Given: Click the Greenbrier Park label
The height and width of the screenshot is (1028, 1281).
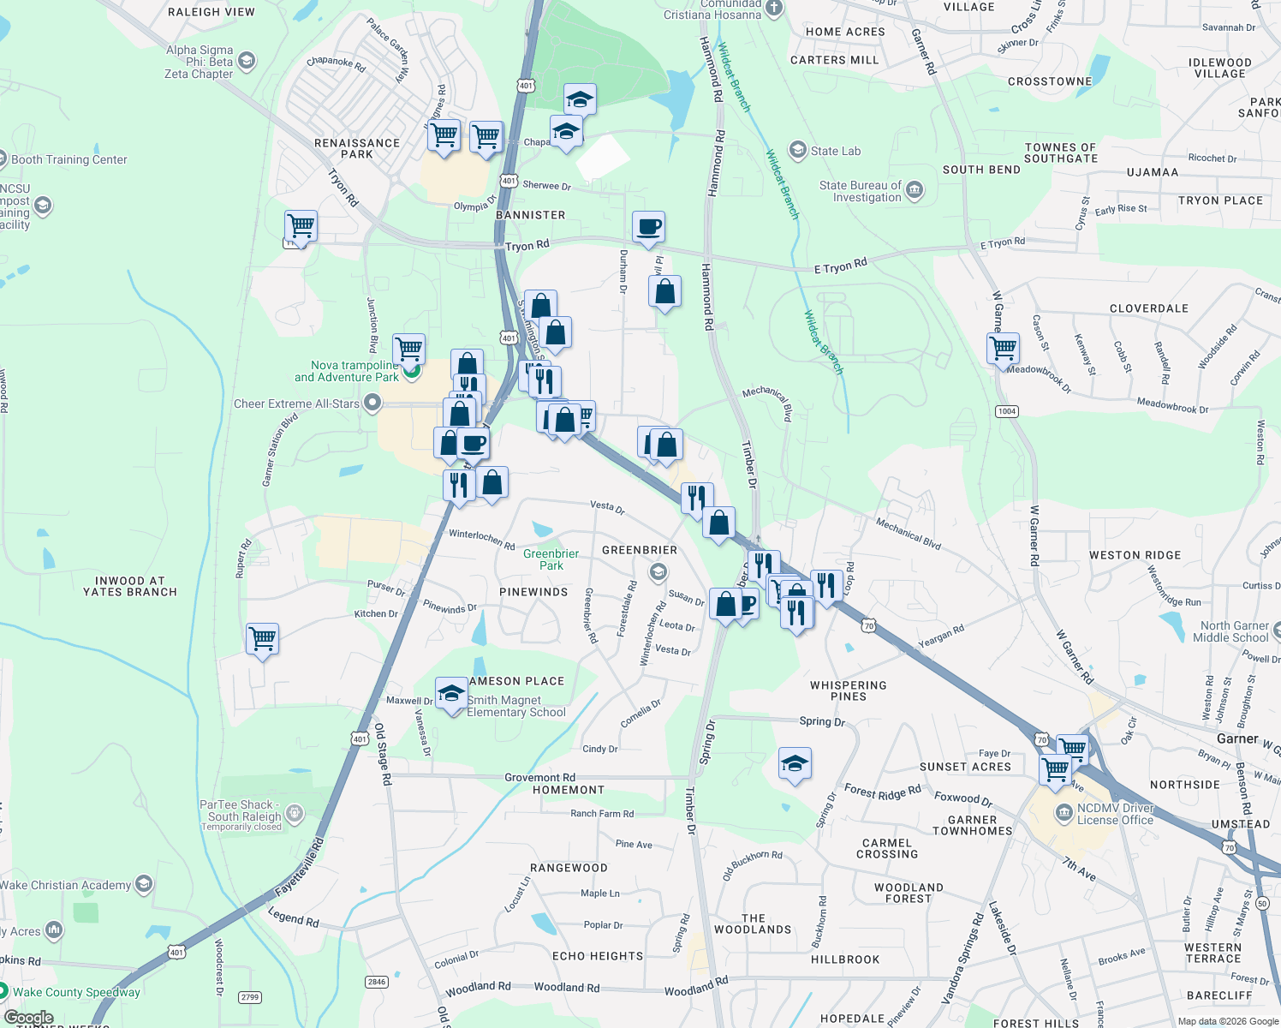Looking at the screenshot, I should pyautogui.click(x=551, y=559).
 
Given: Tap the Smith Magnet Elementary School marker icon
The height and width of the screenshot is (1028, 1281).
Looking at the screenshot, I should pyautogui.click(x=451, y=693).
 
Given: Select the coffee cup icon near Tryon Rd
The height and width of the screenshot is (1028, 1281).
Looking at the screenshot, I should pyautogui.click(x=649, y=227).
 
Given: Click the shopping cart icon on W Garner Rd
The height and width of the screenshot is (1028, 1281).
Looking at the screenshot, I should pyautogui.click(x=1003, y=349).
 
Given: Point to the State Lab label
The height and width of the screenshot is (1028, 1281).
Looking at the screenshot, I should pyautogui.click(x=835, y=151).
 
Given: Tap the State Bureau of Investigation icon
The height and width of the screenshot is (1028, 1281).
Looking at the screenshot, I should pyautogui.click(x=915, y=189).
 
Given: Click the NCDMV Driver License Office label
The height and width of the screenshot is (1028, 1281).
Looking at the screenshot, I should pyautogui.click(x=1115, y=814).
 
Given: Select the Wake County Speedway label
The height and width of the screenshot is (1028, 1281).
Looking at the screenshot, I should pyautogui.click(x=76, y=992).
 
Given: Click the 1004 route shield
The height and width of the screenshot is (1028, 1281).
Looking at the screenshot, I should pyautogui.click(x=1006, y=411).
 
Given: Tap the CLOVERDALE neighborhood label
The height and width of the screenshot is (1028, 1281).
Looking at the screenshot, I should pyautogui.click(x=1148, y=308).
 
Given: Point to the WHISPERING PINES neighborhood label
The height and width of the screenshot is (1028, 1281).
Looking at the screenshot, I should pyautogui.click(x=848, y=690).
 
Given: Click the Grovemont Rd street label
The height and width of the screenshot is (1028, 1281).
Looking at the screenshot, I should pyautogui.click(x=539, y=778).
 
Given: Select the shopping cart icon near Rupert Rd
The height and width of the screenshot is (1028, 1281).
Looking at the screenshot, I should pyautogui.click(x=262, y=638).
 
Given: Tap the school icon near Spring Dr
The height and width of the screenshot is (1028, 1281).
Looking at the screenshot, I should pyautogui.click(x=795, y=763).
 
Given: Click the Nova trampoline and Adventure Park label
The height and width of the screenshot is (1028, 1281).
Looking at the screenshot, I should pyautogui.click(x=346, y=371).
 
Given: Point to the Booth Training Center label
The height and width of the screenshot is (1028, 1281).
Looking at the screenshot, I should pyautogui.click(x=69, y=159).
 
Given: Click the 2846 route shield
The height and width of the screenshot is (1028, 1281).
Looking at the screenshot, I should pyautogui.click(x=377, y=982).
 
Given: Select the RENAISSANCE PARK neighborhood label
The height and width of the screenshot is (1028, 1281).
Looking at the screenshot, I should pyautogui.click(x=357, y=148).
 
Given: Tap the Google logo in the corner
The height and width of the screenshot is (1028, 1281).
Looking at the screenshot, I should pyautogui.click(x=28, y=1018).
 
